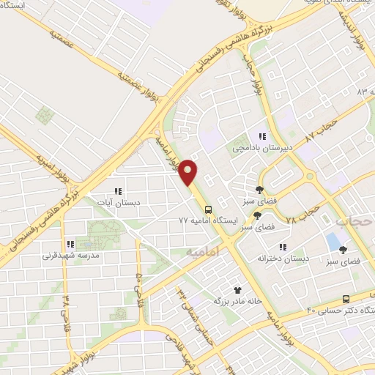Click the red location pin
click(188, 171)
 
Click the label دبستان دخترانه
click(283, 258)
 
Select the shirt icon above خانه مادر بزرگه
click(237, 289)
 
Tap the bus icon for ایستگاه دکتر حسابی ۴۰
click(346, 299)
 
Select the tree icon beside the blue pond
click(343, 250)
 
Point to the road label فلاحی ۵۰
click(136, 288)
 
